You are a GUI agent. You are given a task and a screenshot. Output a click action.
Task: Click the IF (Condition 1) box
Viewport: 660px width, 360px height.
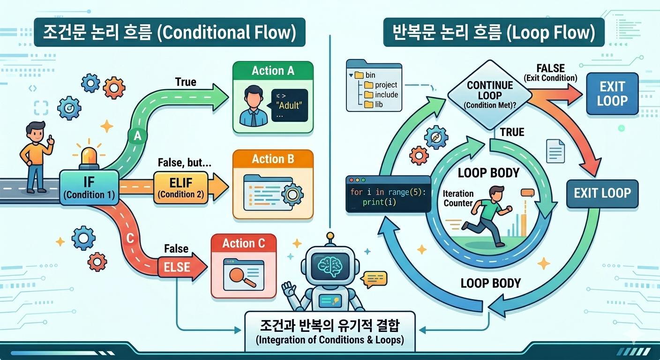tap(89, 187)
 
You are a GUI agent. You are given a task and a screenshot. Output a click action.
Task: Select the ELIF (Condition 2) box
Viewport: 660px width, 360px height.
tap(180, 187)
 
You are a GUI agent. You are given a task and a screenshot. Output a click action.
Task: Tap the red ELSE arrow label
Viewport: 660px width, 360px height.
tap(177, 267)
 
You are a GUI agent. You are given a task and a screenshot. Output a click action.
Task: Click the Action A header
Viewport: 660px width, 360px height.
tap(273, 71)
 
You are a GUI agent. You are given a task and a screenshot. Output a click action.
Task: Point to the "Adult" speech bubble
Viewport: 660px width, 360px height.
tap(289, 105)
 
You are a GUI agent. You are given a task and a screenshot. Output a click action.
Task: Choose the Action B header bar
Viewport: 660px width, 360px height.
tap(273, 159)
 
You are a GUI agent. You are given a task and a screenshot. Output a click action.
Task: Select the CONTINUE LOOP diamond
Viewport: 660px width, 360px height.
tap(490, 95)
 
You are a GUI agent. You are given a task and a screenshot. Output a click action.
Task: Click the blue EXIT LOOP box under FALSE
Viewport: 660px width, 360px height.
tap(612, 94)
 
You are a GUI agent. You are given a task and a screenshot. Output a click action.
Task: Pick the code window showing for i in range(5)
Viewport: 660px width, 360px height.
tap(388, 194)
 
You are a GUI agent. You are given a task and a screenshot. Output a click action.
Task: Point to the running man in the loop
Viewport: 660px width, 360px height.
tap(487, 216)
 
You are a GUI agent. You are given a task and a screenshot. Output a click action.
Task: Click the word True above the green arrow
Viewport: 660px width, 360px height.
tap(186, 82)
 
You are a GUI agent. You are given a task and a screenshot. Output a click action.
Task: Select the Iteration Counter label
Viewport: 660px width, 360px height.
tap(458, 198)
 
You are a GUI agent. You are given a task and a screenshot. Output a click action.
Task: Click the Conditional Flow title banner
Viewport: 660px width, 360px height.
tap(170, 32)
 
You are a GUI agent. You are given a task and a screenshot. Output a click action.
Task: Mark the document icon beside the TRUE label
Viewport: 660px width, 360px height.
tap(555, 151)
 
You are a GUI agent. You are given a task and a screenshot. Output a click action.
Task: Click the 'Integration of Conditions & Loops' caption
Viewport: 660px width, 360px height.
tap(330, 340)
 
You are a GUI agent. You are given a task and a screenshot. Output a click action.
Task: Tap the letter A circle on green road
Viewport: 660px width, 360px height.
tap(137, 136)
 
